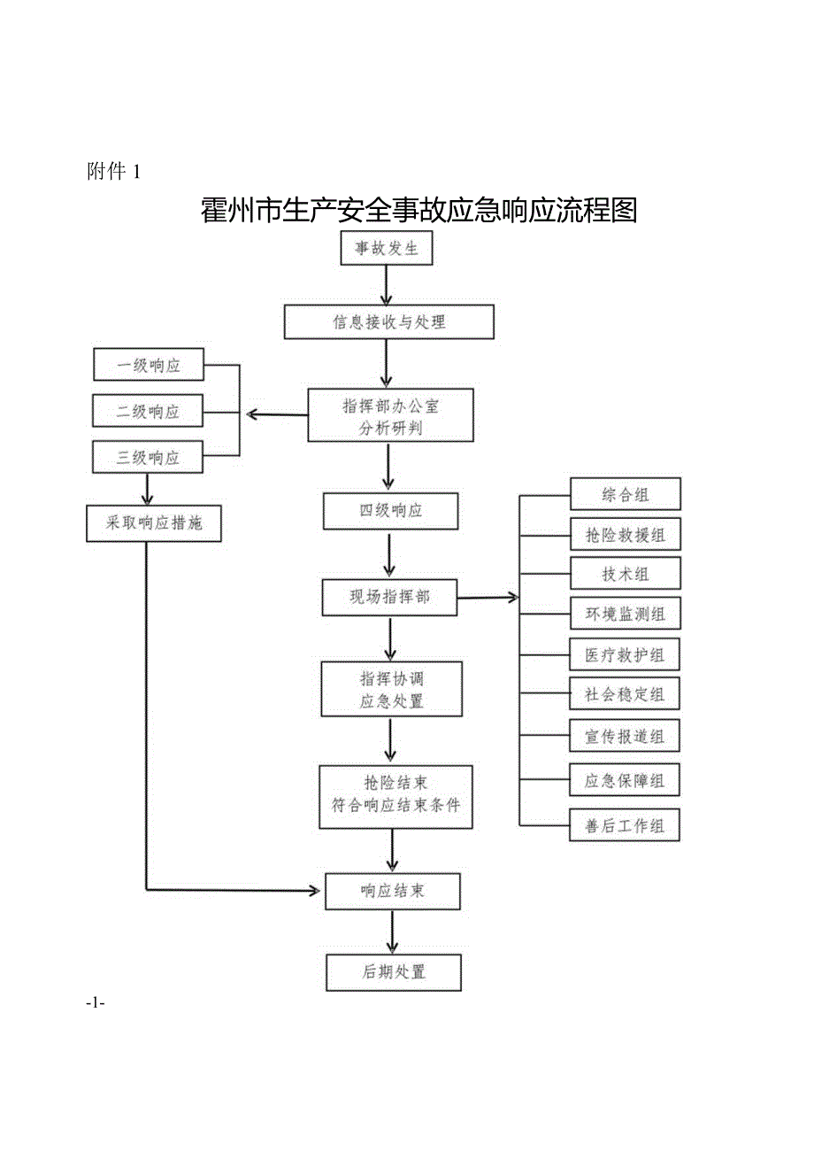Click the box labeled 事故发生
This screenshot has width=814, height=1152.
(387, 248)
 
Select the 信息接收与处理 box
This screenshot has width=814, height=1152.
(388, 322)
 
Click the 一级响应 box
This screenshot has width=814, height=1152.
(148, 366)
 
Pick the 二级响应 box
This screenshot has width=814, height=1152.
(148, 412)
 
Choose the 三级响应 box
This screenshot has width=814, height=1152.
(148, 458)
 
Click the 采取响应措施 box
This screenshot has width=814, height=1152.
(154, 523)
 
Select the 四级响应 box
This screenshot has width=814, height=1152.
(390, 511)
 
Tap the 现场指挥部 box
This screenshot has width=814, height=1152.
(389, 598)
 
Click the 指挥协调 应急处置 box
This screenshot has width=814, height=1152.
(391, 690)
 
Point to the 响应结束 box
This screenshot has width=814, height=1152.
(392, 891)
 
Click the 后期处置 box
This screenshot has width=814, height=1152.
(393, 971)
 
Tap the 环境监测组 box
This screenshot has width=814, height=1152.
(625, 613)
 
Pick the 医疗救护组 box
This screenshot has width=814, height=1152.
(625, 655)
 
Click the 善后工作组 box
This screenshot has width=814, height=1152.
(625, 825)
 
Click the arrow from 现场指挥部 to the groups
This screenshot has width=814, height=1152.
(487, 598)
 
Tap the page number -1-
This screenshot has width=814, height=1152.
(96, 1002)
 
